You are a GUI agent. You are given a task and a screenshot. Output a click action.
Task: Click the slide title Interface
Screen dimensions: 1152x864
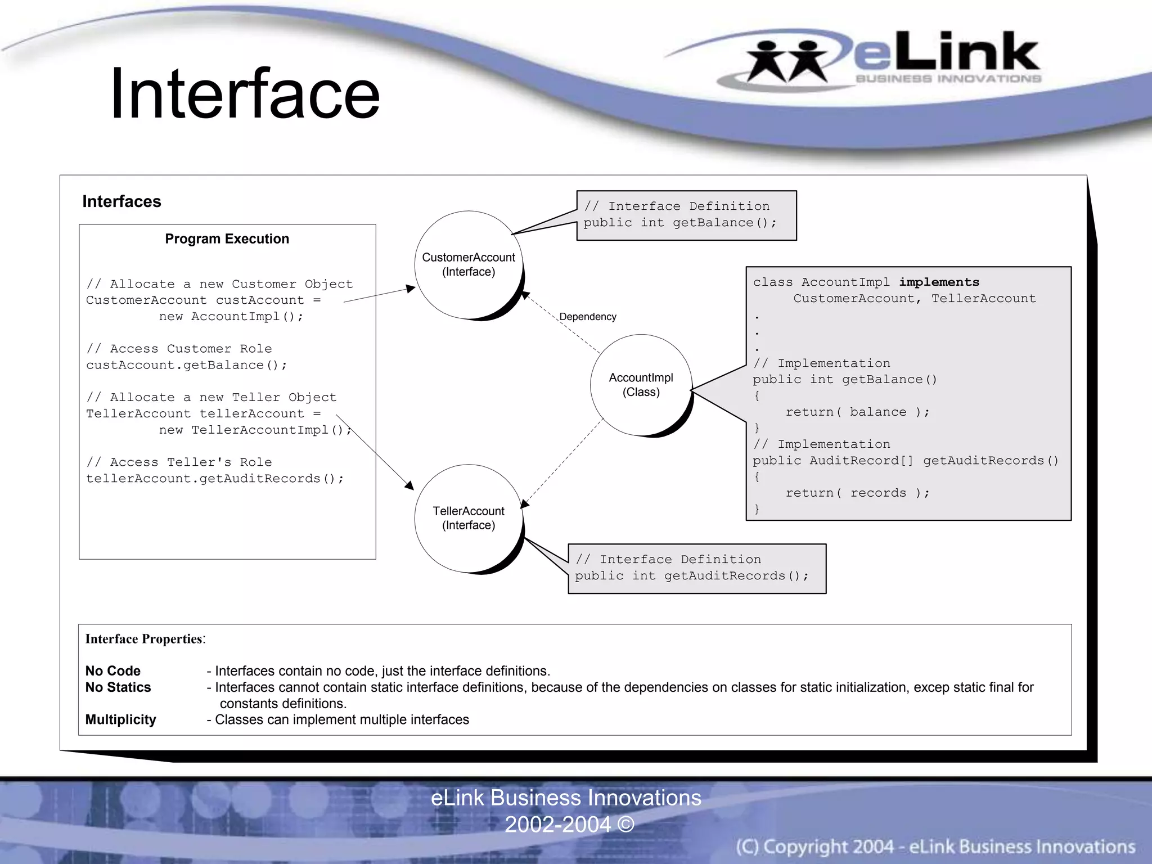point(245,94)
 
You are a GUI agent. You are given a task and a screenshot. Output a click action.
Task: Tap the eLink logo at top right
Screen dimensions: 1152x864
point(894,59)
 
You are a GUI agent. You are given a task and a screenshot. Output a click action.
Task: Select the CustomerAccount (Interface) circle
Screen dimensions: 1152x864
point(469,264)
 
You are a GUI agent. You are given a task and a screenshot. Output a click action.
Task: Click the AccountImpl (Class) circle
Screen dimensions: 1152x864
point(641,385)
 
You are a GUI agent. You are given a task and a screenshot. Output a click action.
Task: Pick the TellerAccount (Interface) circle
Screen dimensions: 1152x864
point(469,518)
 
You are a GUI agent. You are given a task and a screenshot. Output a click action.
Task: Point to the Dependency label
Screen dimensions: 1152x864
point(588,317)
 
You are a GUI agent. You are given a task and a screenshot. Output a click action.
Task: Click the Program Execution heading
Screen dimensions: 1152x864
point(227,239)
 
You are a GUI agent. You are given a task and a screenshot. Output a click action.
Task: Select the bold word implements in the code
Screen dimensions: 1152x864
point(939,282)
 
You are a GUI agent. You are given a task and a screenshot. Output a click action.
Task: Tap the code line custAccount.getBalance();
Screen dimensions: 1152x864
point(186,365)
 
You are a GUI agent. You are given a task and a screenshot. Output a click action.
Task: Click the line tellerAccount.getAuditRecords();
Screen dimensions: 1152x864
point(214,479)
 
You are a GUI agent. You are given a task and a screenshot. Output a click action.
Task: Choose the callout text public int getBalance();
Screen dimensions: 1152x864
point(679,223)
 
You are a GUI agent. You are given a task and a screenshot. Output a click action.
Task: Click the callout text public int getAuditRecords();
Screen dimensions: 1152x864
point(691,576)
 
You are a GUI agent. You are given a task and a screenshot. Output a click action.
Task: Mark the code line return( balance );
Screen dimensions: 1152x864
point(857,412)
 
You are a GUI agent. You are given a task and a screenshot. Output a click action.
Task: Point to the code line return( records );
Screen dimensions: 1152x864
point(857,493)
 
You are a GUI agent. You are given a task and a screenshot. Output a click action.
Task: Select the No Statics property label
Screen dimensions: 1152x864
point(118,687)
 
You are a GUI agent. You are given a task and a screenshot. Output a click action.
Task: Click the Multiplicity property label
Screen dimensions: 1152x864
point(120,720)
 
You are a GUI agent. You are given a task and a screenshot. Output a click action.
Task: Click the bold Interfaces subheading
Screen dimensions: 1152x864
point(121,201)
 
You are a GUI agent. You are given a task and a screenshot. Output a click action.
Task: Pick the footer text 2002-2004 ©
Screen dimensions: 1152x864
point(569,825)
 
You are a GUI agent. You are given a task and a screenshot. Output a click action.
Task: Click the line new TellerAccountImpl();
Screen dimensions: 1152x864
point(255,430)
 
